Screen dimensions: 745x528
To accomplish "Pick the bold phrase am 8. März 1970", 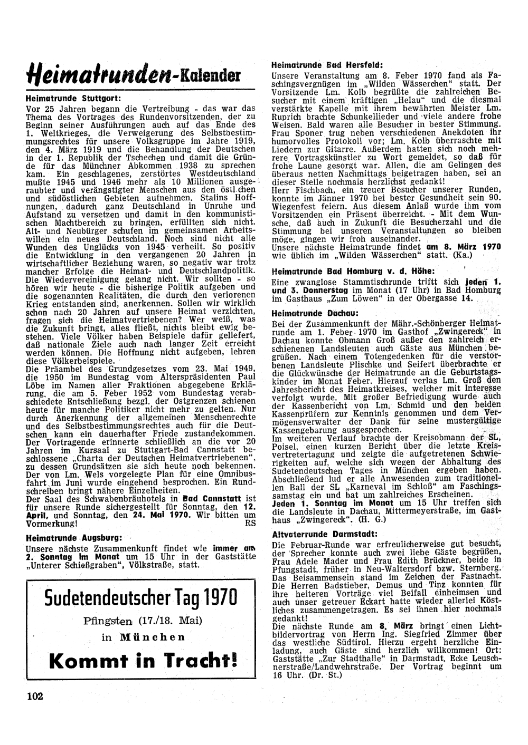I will click(463, 246).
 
